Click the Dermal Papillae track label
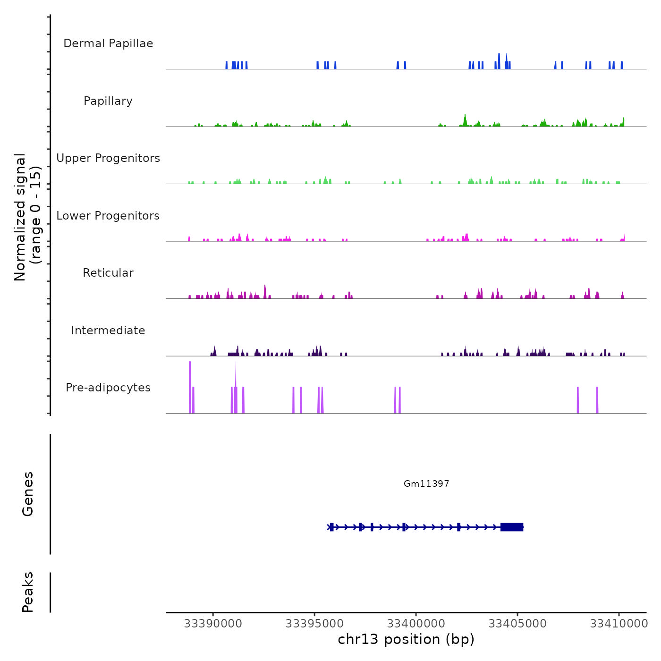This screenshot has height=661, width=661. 108,43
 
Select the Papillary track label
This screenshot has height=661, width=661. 108,101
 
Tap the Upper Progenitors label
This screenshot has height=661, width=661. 108,158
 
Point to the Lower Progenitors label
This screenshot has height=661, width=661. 108,216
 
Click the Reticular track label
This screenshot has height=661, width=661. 108,273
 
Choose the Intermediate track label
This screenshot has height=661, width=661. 108,330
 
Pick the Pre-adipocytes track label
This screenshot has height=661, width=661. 108,388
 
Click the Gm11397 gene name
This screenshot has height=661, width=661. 426,483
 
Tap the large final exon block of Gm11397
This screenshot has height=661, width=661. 512,527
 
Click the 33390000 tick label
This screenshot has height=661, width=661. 213,624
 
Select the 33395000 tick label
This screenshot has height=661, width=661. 315,624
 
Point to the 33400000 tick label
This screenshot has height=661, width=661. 416,624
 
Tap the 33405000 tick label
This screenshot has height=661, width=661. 518,624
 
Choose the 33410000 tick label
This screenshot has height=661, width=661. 619,624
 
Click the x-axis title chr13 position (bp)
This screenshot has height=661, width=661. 406,639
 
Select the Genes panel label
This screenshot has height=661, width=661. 28,494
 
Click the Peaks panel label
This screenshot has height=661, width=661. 28,592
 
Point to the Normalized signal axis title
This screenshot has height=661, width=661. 27,217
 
